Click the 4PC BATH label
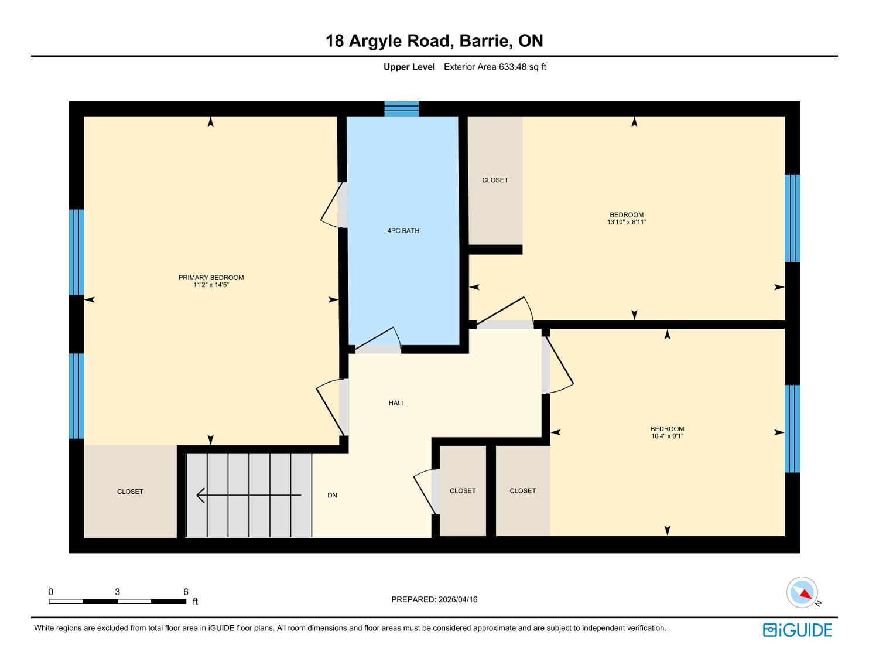(x=403, y=230)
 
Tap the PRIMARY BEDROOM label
(x=211, y=278)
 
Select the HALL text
(x=396, y=403)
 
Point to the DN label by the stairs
(x=332, y=495)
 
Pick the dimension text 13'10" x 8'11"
(x=627, y=222)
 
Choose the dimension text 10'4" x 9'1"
(x=667, y=436)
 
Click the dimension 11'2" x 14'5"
(x=211, y=285)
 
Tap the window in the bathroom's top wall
(x=402, y=109)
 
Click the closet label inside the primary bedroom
(x=130, y=492)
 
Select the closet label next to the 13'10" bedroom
(x=495, y=180)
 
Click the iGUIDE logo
(x=797, y=630)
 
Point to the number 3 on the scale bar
(x=118, y=592)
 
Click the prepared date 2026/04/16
(x=458, y=599)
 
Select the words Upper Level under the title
(x=409, y=67)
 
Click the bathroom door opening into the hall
(x=378, y=340)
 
